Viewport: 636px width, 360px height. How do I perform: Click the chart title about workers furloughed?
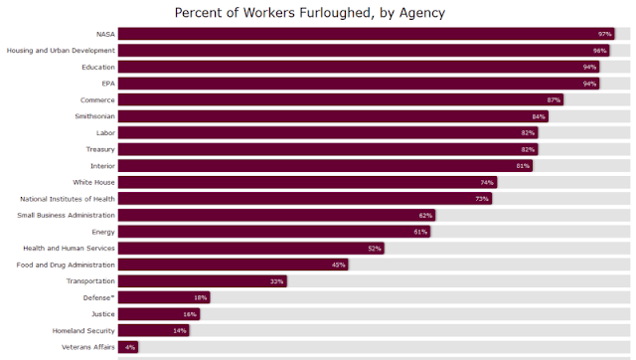coord(310,13)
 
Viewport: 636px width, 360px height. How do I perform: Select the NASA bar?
coord(367,34)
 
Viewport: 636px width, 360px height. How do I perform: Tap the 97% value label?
coord(604,34)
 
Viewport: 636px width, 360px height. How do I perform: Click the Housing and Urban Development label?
coord(61,51)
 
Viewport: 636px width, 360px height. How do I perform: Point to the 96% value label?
coord(599,51)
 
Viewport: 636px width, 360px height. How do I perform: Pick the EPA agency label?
coord(108,84)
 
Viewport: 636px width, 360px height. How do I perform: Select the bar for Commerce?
coord(341,99)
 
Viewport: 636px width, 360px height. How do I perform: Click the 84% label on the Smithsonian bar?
coord(539,117)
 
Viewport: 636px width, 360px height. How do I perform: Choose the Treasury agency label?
coord(100,149)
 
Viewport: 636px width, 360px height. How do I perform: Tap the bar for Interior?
coord(325,166)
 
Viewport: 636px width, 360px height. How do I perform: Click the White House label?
coord(93,182)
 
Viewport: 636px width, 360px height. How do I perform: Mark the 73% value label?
coord(482,199)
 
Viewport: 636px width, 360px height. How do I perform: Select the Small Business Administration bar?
coord(276,215)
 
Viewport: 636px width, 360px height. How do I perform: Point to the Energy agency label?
coord(103,232)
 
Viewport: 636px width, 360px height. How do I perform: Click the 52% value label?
coord(375,249)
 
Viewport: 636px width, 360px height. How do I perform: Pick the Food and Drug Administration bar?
coord(234,265)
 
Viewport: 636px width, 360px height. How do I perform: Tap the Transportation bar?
coord(203,280)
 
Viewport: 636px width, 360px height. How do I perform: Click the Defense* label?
coord(99,297)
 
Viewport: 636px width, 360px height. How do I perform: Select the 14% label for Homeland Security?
coord(179,331)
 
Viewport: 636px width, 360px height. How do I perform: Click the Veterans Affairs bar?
coord(128,347)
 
